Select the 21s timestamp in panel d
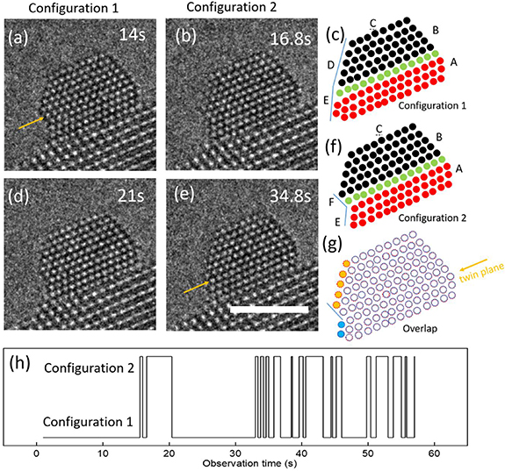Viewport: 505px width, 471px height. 128,196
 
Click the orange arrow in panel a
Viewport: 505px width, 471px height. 31,124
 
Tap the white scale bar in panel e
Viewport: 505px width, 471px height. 268,310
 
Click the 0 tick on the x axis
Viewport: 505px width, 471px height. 36,449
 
